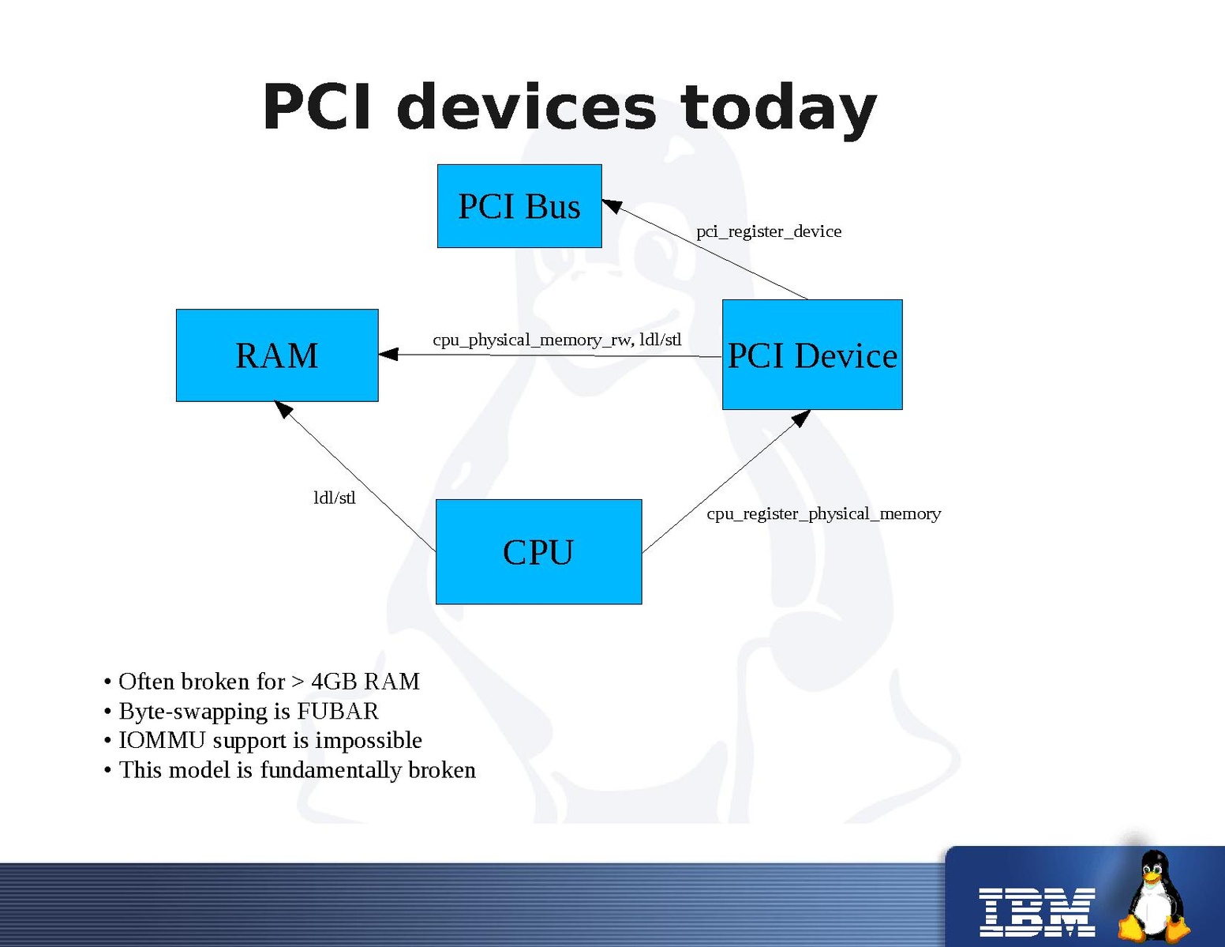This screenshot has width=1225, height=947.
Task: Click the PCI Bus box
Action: point(519,206)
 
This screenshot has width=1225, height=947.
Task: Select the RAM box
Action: point(277,355)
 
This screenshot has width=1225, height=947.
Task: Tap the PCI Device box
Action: point(812,355)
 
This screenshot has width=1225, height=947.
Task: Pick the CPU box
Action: point(538,551)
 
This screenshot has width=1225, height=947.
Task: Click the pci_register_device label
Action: point(769,231)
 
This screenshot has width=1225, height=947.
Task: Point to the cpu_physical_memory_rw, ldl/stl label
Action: point(556,340)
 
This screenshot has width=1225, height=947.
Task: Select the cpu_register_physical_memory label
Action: point(823,513)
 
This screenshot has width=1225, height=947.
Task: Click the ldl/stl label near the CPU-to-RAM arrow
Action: point(335,498)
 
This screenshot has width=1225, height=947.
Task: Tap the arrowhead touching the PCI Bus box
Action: point(612,206)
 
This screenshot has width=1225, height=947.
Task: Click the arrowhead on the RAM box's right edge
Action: point(388,355)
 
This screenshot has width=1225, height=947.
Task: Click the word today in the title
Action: point(778,107)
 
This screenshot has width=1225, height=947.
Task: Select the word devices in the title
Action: point(526,107)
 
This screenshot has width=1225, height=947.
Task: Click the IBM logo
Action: point(1036,911)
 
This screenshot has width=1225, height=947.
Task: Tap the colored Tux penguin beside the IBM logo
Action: point(1154,896)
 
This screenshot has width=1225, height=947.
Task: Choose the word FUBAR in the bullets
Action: point(337,711)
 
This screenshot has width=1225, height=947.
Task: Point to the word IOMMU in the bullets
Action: point(162,740)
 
